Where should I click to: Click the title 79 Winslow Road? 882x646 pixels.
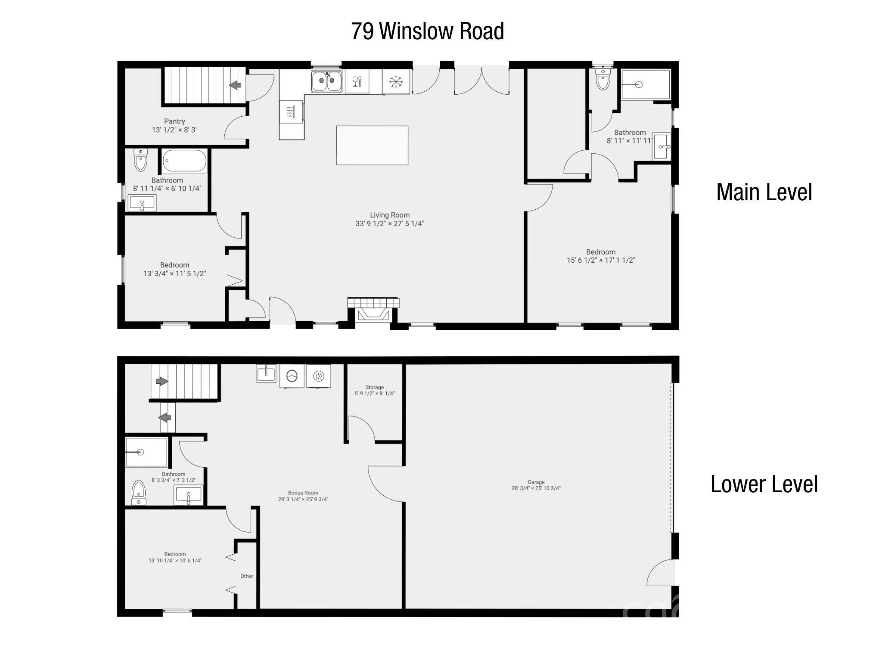[x=427, y=31]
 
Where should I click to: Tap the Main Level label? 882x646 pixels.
[x=764, y=192]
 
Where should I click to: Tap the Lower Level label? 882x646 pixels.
[x=764, y=484]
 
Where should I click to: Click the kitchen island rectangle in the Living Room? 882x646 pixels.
[x=372, y=145]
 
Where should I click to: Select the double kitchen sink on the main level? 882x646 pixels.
[x=326, y=81]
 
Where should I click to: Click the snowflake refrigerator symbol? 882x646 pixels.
[x=395, y=81]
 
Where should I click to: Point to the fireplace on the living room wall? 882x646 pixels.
[x=373, y=311]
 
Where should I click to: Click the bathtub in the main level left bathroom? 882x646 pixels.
[x=184, y=161]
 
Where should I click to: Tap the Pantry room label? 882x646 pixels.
[x=174, y=121]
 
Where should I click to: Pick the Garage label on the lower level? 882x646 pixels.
[x=536, y=482]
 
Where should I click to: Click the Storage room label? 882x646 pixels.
[x=374, y=387]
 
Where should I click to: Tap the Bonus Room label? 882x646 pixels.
[x=303, y=493]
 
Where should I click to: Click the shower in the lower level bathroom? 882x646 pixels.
[x=146, y=452]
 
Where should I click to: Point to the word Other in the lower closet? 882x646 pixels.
[x=247, y=576]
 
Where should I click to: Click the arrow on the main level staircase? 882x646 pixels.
[x=235, y=85]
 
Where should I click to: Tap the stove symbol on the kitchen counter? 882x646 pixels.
[x=291, y=112]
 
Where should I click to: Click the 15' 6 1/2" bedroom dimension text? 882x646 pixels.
[x=601, y=260]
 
